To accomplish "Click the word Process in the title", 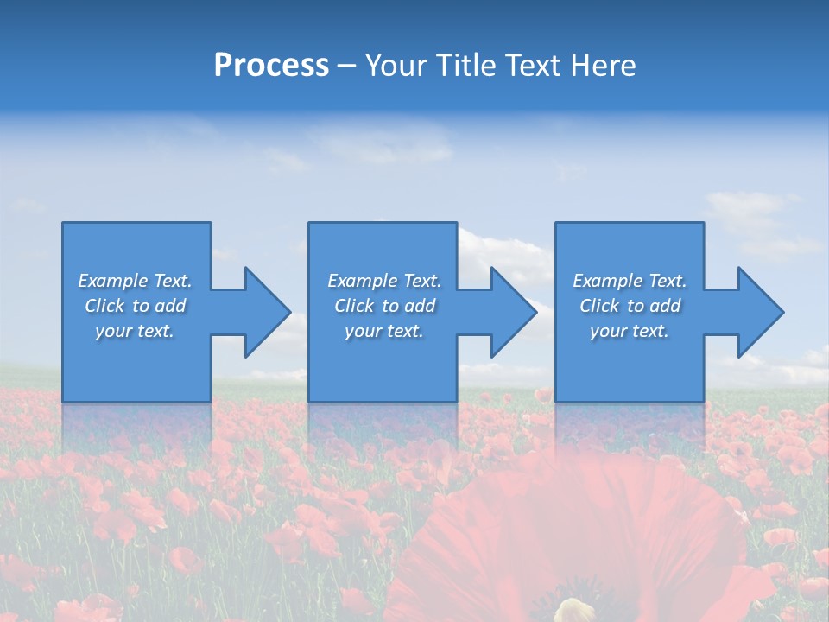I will (271, 66).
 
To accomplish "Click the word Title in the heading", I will (463, 66).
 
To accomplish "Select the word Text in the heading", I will (534, 66).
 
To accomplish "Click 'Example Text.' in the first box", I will (135, 281).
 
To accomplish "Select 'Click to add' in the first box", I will (135, 306).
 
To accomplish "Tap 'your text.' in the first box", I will (135, 331).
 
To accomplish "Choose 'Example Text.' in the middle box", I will (384, 281).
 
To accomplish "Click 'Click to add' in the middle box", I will (384, 306).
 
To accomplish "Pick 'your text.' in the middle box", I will (384, 331).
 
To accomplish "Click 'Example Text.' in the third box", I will (630, 281).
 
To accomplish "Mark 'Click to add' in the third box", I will (630, 306).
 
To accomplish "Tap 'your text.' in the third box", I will (630, 331).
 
